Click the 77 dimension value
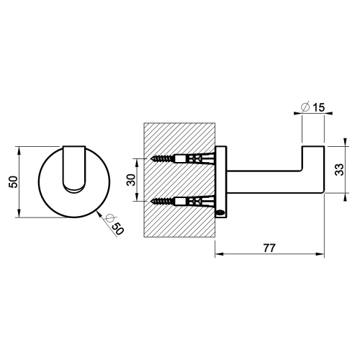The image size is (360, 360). click(269, 248)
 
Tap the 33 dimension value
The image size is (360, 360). click(339, 169)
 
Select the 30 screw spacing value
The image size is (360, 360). click(131, 179)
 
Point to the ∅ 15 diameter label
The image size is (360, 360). click(312, 107)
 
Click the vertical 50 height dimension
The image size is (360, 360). click(13, 182)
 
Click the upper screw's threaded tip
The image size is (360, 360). click(153, 158)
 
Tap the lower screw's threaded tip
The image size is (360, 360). click(153, 201)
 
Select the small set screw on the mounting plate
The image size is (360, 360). click(220, 212)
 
